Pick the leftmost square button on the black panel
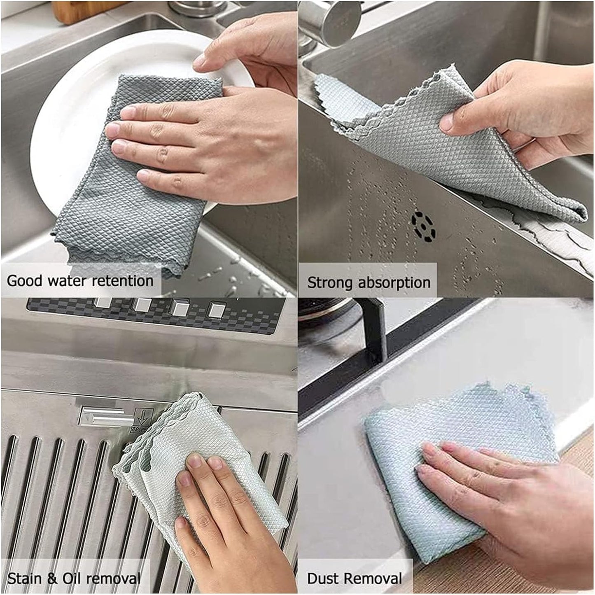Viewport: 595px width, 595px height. pyautogui.click(x=101, y=303)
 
